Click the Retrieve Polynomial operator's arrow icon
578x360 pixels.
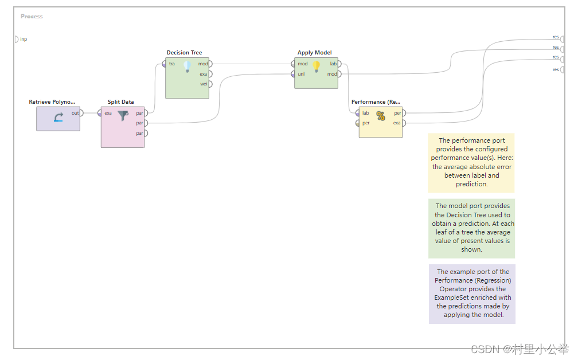pos(58,118)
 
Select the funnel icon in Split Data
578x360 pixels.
pos(123,116)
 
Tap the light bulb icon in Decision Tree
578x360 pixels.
pos(187,66)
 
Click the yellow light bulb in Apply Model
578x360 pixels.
pos(316,66)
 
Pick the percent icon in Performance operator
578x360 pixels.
pos(381,116)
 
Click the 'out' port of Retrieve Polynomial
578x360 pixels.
pos(81,113)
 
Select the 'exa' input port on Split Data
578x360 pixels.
pos(100,113)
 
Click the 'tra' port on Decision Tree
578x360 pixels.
pos(165,64)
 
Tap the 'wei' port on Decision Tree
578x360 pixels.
pos(210,84)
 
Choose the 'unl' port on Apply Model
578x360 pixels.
pos(294,74)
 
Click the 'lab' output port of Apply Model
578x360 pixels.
pos(339,64)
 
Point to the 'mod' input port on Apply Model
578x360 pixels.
pos(294,64)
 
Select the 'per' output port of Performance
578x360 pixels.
pos(404,113)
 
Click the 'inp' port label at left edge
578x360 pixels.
pos(23,40)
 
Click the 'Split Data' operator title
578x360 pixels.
pos(121,102)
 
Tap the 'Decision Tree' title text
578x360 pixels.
pos(184,53)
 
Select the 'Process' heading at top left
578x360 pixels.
pos(32,16)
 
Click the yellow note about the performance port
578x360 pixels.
pos(471,162)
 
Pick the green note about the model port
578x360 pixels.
pos(471,228)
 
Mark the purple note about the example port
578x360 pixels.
pos(472,294)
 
